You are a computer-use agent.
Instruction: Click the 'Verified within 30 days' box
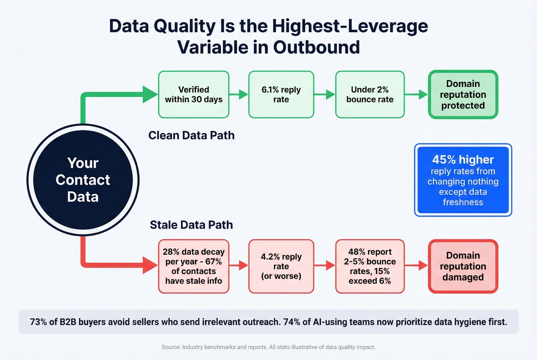[x=194, y=94]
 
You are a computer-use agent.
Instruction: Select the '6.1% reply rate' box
[x=281, y=94]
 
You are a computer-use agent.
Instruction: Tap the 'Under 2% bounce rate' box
[x=370, y=94]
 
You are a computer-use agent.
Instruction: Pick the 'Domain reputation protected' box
[x=463, y=94]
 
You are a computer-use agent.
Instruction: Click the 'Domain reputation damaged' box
[x=463, y=266]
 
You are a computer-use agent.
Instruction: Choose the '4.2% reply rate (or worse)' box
[x=281, y=266]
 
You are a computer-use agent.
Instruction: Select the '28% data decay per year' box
[x=194, y=266]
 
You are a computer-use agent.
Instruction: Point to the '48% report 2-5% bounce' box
[x=370, y=266]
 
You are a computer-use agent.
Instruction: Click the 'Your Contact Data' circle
[x=83, y=180]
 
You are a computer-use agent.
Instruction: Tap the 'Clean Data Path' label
[x=191, y=135]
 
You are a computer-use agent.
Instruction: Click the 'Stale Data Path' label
[x=191, y=225]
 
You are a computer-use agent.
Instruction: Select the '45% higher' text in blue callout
[x=463, y=159]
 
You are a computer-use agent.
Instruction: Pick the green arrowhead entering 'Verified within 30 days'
[x=150, y=94]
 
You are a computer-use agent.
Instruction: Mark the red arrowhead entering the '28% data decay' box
[x=150, y=265]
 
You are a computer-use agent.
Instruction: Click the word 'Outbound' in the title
[x=316, y=48]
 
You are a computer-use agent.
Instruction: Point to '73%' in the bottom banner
[x=38, y=322]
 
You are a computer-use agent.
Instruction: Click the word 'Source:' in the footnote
[x=171, y=347]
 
